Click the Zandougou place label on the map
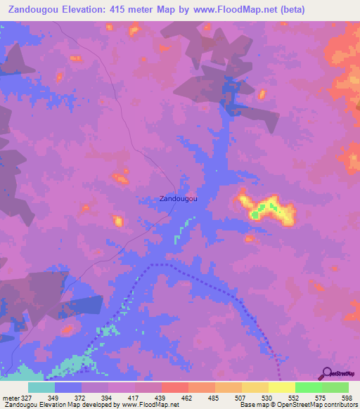coord(179,199)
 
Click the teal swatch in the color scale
coord(41,387)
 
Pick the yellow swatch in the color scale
coord(281,387)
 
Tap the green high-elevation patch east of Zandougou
coord(266,208)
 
